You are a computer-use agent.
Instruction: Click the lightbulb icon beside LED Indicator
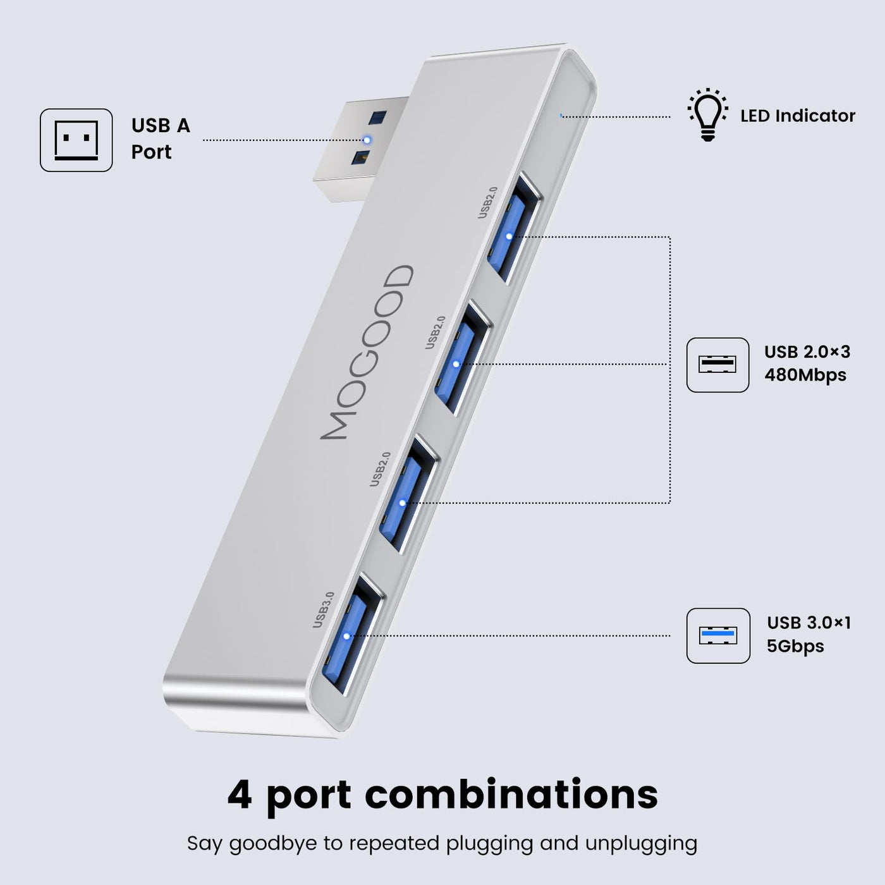[707, 115]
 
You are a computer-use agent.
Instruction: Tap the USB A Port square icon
[76, 140]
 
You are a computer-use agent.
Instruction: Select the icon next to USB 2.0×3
[717, 365]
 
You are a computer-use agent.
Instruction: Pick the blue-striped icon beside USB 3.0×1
[717, 635]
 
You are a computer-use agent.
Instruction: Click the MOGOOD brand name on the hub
[367, 352]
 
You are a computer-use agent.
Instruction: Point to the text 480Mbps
[805, 375]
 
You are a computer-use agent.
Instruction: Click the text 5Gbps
[795, 646]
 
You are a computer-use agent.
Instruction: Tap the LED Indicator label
[797, 116]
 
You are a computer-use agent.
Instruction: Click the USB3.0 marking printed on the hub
[324, 609]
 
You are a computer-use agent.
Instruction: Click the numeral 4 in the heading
[239, 795]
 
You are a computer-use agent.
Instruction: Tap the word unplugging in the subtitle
[641, 844]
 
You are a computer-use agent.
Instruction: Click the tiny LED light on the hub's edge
[561, 116]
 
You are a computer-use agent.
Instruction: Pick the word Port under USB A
[151, 152]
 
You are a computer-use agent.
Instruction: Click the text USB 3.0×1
[809, 623]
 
